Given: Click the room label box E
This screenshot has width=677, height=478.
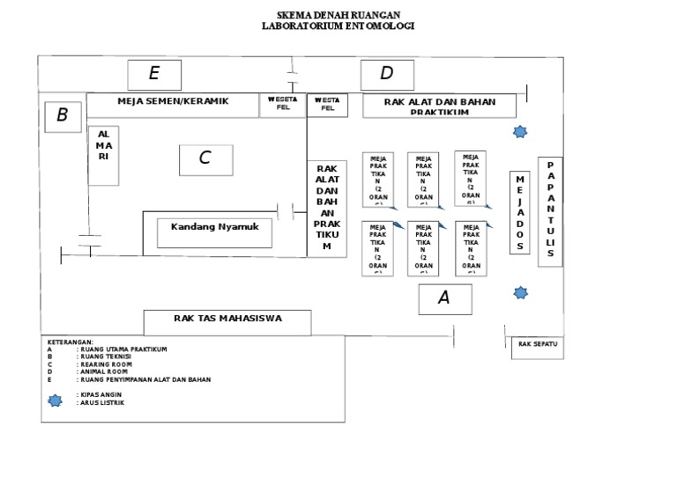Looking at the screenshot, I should [154, 75].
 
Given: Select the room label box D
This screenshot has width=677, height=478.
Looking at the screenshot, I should [386, 75].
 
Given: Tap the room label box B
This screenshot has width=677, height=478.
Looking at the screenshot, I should [63, 116].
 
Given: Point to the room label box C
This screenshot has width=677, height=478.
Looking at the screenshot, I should [205, 159].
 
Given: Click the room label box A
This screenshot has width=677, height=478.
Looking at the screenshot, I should [444, 299].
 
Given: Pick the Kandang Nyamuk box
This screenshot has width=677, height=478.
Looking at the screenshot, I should [215, 232].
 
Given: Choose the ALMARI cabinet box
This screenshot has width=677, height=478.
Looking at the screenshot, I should [103, 155].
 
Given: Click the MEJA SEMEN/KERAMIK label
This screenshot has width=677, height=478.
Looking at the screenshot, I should [173, 102].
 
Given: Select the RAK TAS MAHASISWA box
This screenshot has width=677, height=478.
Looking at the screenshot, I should [227, 322].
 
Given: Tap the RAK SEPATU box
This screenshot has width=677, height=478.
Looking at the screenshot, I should [538, 347].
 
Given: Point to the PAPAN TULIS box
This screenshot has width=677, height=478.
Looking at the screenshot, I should [550, 211].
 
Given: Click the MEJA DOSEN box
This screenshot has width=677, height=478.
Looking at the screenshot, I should [520, 211].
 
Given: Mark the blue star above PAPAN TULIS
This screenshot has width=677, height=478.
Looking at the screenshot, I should [521, 132].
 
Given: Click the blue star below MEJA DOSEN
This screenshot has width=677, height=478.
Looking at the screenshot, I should [521, 292].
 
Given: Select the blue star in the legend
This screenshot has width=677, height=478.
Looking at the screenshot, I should [56, 400].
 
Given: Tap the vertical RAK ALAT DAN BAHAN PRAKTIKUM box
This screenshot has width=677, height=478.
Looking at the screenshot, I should [327, 210].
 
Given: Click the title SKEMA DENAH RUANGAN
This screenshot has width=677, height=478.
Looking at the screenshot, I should [338, 16].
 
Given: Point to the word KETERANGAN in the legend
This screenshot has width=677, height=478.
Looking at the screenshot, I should [70, 342].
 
